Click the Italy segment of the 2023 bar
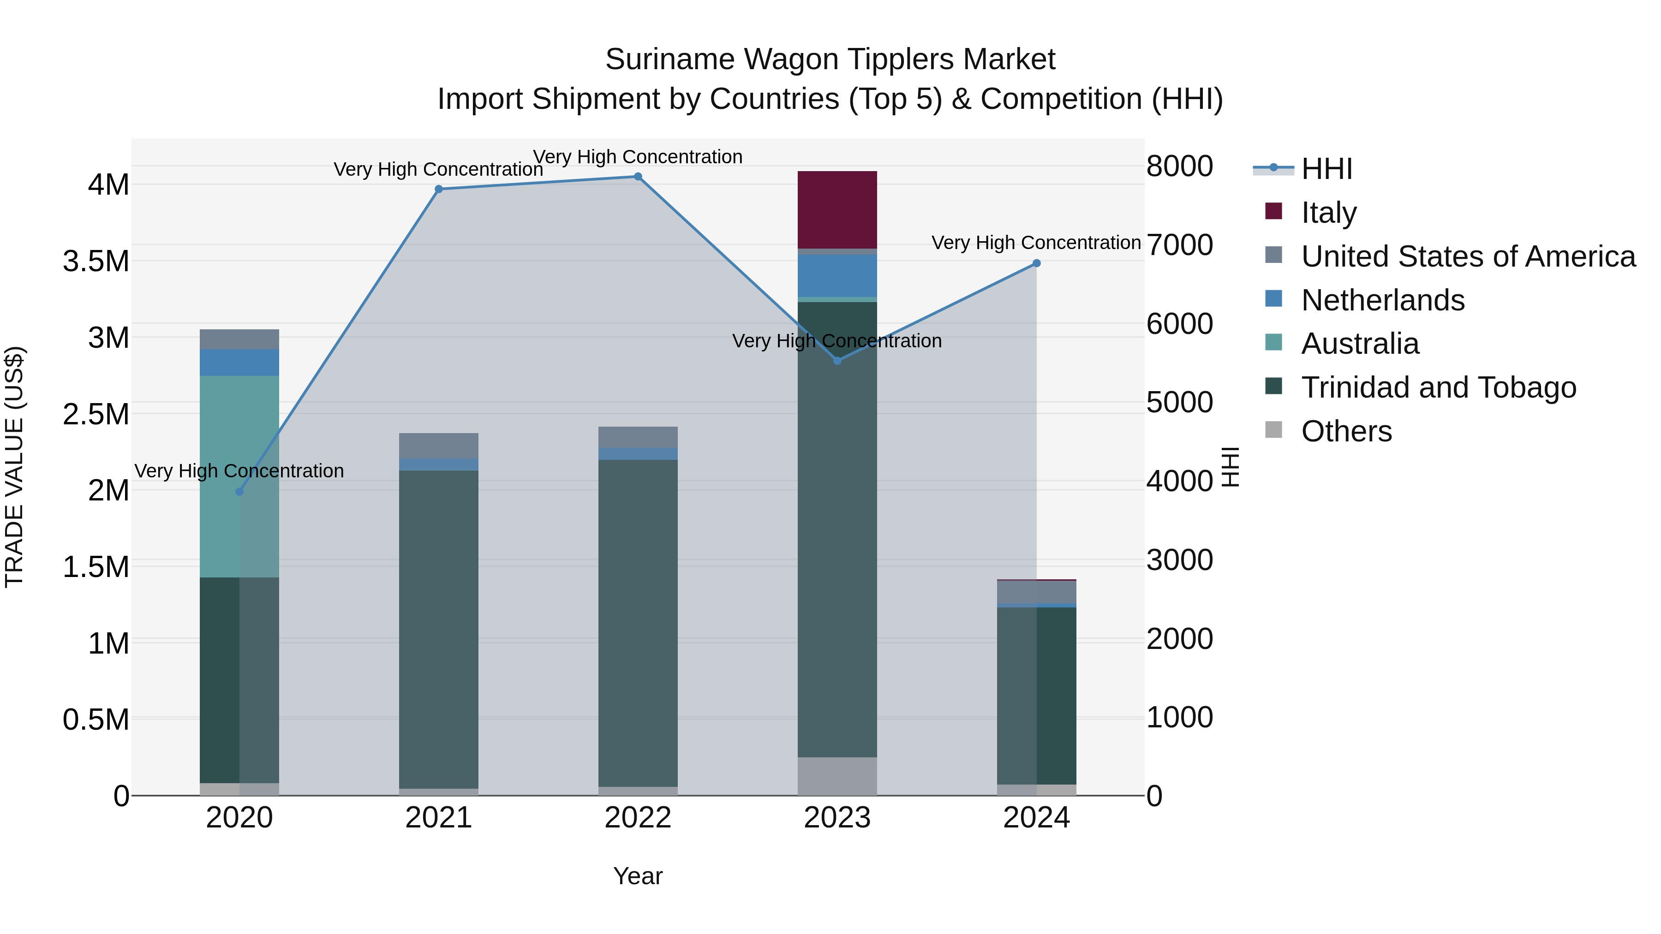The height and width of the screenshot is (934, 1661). pos(837,209)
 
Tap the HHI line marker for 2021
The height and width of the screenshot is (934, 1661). pos(438,189)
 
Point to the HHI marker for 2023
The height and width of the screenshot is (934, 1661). pos(837,361)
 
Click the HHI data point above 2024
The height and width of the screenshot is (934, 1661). pos(1036,263)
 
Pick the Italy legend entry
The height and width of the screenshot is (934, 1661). pos(1328,213)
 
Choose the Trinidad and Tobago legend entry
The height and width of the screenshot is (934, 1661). pos(1438,387)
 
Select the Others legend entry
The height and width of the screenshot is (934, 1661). pos(1346,431)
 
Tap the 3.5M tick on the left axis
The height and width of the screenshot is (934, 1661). pos(96,261)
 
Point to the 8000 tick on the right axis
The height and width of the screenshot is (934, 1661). pos(1179,167)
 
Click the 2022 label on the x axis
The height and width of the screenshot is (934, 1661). pos(638,818)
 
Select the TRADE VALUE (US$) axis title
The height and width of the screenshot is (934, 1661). pos(14,467)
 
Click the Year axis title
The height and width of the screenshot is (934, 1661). pos(638,876)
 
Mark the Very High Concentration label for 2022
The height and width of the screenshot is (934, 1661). pos(638,157)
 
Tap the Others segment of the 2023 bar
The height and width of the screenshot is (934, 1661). pos(837,776)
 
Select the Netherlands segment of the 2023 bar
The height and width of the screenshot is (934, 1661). pos(837,275)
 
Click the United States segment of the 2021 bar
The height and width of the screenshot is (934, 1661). pos(438,446)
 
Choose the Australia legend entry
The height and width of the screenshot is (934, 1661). pos(1359,344)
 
